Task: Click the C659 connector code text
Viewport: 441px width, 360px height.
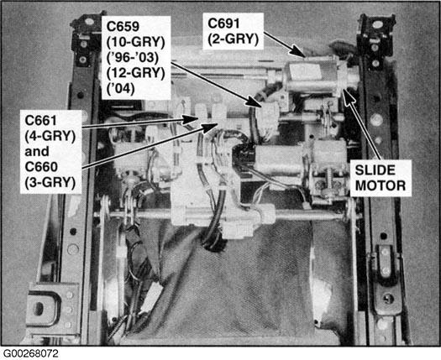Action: [123, 26]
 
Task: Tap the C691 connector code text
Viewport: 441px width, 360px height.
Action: [223, 23]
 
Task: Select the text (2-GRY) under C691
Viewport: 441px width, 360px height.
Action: [233, 39]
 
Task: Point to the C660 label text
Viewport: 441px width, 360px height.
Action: [41, 167]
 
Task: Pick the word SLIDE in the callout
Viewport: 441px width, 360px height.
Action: [375, 170]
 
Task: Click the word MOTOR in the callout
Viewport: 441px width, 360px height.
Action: [381, 185]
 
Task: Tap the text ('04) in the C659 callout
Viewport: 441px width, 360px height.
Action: [120, 88]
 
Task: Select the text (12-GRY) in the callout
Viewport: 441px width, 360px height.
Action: [135, 73]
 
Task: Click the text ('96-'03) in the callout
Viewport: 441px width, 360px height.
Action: [133, 58]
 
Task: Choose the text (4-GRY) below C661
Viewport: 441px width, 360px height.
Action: [50, 136]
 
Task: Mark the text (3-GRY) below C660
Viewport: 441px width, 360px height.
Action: [50, 183]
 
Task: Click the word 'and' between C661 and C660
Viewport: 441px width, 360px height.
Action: [37, 152]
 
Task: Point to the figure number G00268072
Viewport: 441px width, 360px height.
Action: [30, 353]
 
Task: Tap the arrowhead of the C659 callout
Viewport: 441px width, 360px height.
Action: [255, 102]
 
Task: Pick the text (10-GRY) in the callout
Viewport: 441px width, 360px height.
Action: [135, 42]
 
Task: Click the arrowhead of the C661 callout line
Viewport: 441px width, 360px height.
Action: [192, 119]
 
